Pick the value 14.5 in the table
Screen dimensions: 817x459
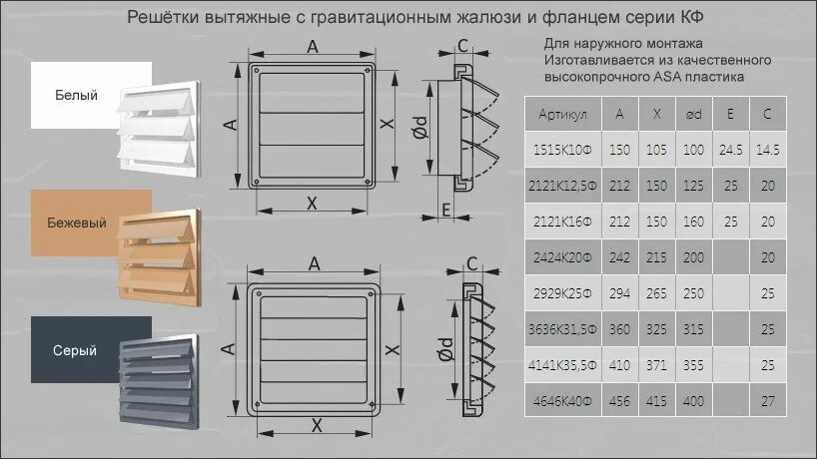click(767, 150)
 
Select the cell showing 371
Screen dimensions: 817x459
click(656, 365)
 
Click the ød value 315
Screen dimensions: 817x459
click(693, 329)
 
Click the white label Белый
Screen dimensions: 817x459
click(76, 96)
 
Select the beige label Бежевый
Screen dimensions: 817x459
click(76, 224)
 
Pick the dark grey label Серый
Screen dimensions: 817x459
click(76, 350)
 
